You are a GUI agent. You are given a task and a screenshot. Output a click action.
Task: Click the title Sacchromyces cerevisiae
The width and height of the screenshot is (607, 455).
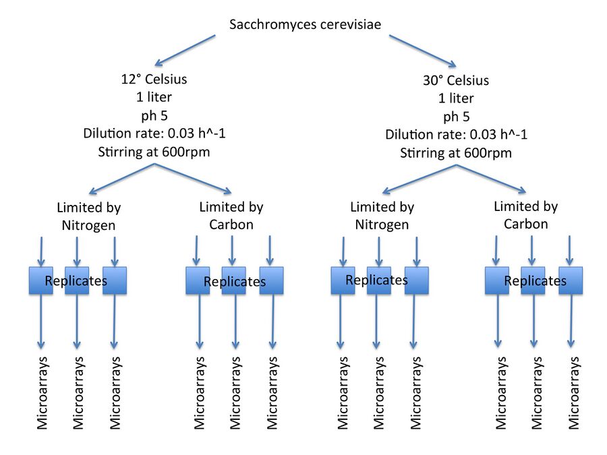(x=305, y=25)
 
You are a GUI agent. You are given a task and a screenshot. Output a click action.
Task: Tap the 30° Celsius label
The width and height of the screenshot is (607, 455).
(x=455, y=80)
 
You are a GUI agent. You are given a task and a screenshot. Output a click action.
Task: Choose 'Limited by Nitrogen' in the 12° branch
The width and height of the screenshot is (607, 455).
(x=89, y=216)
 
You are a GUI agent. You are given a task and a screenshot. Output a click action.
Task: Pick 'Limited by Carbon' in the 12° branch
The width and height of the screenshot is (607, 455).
(x=231, y=216)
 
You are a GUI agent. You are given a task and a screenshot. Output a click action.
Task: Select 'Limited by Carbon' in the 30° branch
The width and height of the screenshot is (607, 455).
(x=525, y=215)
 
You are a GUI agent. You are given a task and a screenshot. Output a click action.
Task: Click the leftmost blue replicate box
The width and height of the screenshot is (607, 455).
(x=40, y=281)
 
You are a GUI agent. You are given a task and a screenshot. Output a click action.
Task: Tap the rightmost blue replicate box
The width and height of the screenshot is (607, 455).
(x=571, y=281)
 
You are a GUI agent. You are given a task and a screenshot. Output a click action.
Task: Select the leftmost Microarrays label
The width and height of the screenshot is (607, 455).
(x=42, y=393)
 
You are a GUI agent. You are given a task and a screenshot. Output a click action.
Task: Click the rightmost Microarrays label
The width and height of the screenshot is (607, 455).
(x=574, y=393)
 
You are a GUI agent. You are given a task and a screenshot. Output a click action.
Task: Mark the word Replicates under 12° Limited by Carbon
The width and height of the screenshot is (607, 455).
(x=235, y=281)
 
